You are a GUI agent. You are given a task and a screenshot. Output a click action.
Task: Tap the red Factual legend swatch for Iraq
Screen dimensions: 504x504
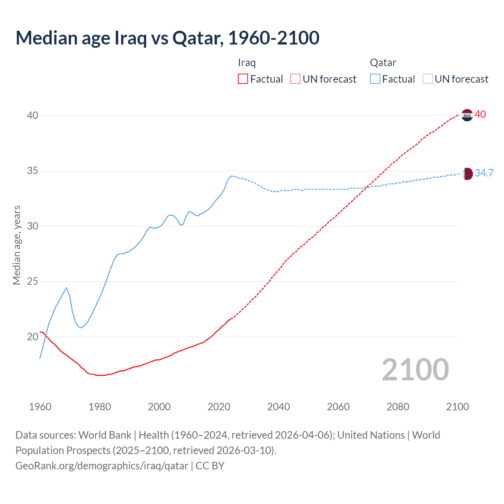(x=243, y=79)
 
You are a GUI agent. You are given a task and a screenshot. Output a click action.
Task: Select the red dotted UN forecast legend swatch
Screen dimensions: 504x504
(x=295, y=79)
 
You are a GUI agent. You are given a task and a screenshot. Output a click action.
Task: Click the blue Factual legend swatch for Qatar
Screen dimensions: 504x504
(x=375, y=79)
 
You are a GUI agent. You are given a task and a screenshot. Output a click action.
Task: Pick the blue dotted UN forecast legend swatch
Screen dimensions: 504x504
(x=428, y=79)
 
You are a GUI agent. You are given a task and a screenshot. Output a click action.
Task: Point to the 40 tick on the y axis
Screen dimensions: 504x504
(x=33, y=115)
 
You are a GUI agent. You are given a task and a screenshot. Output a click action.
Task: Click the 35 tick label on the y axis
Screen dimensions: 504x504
(x=33, y=171)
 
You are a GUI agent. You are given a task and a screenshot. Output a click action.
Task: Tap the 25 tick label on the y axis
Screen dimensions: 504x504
(x=33, y=282)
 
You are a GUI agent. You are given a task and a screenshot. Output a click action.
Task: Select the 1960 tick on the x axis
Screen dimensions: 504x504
(x=40, y=407)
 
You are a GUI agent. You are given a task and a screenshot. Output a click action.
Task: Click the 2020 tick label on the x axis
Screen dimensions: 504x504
(x=219, y=407)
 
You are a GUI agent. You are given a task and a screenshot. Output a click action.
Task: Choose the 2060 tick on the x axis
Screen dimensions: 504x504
(x=338, y=407)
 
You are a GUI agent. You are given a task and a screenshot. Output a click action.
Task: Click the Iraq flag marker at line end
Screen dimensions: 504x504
(x=467, y=115)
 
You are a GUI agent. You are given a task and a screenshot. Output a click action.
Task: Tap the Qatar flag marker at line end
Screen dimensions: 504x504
(x=467, y=174)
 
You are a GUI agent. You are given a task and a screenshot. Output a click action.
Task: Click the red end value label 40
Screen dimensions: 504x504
(x=480, y=115)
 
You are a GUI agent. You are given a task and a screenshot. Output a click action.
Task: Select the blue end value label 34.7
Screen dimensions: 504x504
(x=484, y=173)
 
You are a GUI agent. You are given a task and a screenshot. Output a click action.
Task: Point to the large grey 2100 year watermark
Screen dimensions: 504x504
(x=415, y=370)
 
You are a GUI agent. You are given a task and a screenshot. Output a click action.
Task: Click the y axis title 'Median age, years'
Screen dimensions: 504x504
(x=17, y=245)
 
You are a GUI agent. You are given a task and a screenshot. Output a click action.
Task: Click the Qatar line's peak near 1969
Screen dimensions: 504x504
(x=67, y=288)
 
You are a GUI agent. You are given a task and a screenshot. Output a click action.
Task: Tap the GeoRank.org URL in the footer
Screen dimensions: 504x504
(x=102, y=466)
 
